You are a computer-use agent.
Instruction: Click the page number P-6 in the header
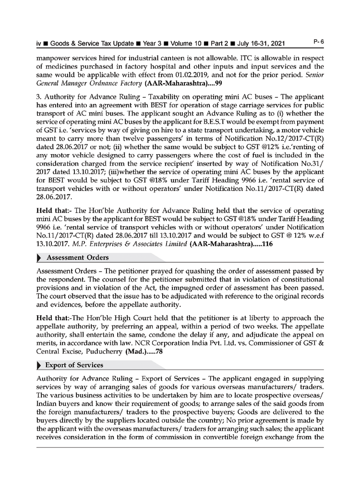tap(319, 42)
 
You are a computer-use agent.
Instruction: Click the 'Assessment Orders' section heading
tap(77, 258)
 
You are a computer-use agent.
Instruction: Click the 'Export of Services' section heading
tap(74, 365)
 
